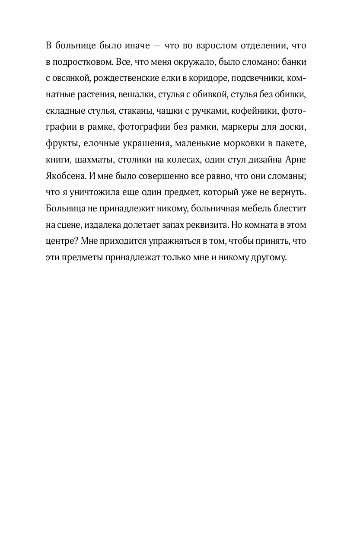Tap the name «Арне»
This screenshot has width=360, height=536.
(x=296, y=160)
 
